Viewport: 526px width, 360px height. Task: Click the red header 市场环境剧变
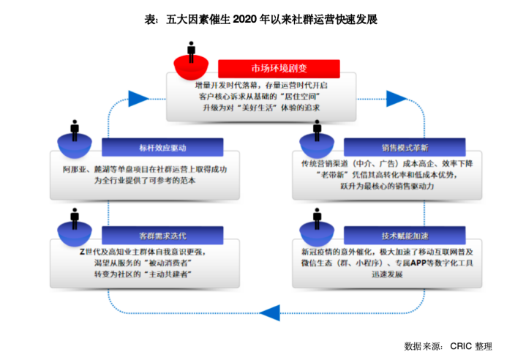pos(279,68)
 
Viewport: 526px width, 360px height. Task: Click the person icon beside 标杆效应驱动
pos(75,130)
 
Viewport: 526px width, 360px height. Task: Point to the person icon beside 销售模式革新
pos(316,130)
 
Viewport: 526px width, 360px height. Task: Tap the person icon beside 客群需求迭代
pos(75,219)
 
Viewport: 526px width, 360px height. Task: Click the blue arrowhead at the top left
pos(139,97)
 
